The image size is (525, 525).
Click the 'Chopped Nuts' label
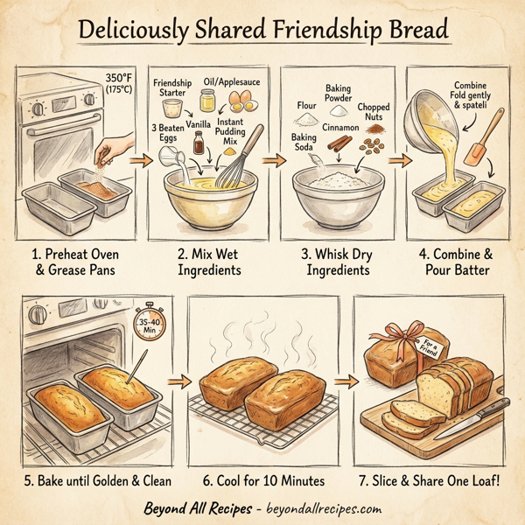374,113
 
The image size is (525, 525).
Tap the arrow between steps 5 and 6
179,381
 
